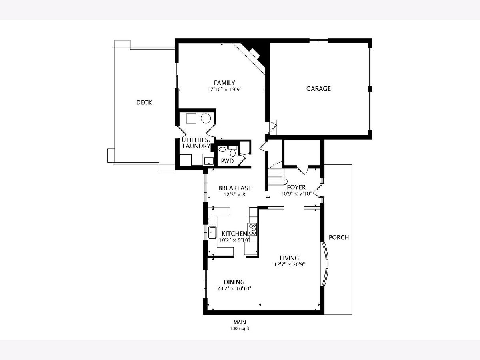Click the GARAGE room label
[318, 88]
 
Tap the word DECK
[144, 102]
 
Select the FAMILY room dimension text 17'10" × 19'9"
[224, 89]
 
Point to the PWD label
[227, 161]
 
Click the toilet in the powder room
[233, 152]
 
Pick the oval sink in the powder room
[223, 149]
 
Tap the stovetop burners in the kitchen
[252, 229]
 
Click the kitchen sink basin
[212, 232]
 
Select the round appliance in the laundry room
[206, 118]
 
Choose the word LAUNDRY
[196, 146]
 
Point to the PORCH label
[339, 237]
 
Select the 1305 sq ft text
[240, 328]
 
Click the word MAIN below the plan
[240, 322]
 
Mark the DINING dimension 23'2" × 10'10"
[234, 288]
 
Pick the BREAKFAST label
[235, 188]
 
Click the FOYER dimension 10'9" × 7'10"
[296, 194]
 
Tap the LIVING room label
[289, 258]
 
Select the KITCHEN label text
[234, 234]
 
